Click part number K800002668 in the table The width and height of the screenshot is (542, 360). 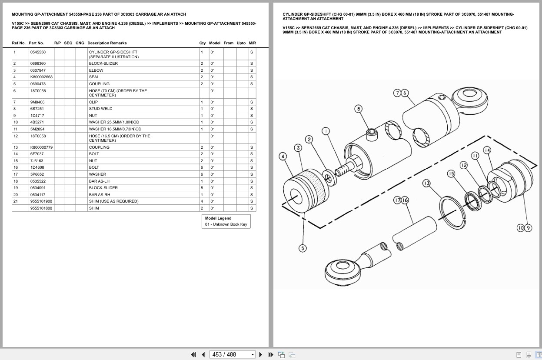click(41, 77)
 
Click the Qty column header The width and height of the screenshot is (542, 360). click(203, 43)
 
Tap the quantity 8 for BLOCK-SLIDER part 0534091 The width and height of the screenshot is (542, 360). click(202, 188)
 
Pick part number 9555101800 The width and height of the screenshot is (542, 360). click(41, 208)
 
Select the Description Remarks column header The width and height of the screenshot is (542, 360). click(107, 43)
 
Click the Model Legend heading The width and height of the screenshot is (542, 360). click(218, 218)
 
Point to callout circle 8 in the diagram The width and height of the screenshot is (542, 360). click(358, 109)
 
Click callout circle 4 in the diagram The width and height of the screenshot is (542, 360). click(283, 156)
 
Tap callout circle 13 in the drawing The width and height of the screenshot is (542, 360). click(426, 183)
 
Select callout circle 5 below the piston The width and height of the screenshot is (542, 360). click(303, 248)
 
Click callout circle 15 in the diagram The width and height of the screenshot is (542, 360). click(451, 173)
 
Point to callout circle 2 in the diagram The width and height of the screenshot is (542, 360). click(309, 139)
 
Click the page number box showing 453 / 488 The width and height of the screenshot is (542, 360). click(232, 354)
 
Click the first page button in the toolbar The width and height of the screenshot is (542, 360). click(193, 354)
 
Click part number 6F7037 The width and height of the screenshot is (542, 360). click(37, 154)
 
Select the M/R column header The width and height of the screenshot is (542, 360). click(252, 43)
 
